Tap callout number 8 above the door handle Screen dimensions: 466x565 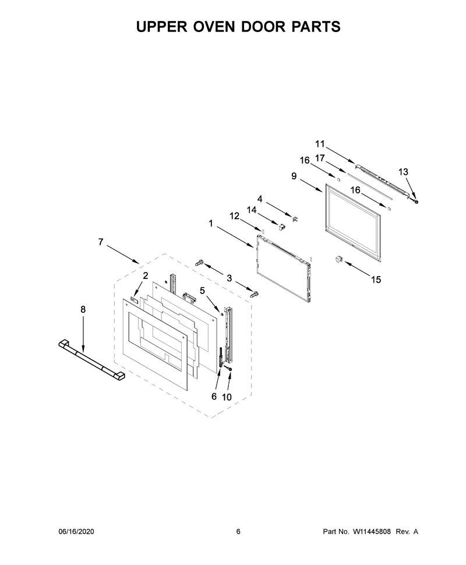83,309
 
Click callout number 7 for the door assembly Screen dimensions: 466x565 101,242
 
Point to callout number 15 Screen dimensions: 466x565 376,279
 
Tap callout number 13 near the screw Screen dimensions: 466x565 403,172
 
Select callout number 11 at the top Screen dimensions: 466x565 320,144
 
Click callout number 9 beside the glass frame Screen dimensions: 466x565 294,176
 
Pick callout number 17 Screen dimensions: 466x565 320,158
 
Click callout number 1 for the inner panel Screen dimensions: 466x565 210,224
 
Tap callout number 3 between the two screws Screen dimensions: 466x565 230,278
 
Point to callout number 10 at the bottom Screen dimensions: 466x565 227,397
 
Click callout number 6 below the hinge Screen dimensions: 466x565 214,396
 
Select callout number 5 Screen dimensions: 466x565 202,290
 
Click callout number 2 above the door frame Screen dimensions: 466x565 146,276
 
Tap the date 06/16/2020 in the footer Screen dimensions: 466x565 76,531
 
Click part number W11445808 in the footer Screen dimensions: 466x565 371,531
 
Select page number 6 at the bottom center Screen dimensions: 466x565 238,531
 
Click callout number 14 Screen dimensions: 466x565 252,210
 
